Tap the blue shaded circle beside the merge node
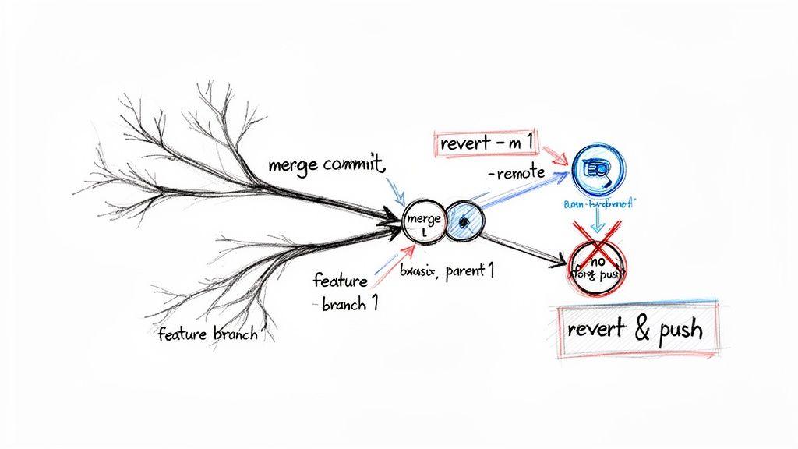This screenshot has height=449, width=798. pyautogui.click(x=464, y=222)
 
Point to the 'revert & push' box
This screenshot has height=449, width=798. pyautogui.click(x=637, y=329)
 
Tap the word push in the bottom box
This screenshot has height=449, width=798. pyautogui.click(x=679, y=329)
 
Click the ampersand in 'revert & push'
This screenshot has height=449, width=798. pyautogui.click(x=642, y=329)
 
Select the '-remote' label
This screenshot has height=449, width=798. pyautogui.click(x=515, y=175)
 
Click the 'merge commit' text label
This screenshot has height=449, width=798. pyautogui.click(x=326, y=165)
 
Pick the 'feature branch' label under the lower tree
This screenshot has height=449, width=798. pyautogui.click(x=207, y=335)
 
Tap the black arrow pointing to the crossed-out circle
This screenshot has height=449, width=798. pyautogui.click(x=530, y=246)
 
